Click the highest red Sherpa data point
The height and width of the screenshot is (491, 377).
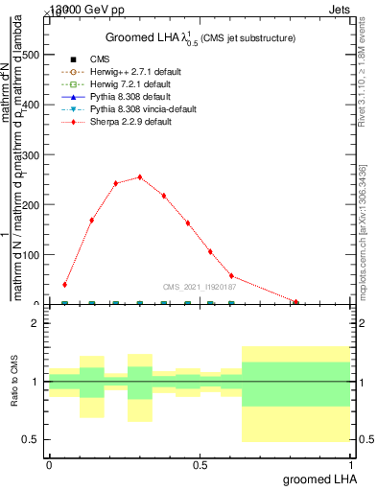click(x=139, y=177)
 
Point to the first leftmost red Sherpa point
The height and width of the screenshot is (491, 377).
click(x=65, y=285)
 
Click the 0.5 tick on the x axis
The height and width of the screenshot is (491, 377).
click(x=200, y=465)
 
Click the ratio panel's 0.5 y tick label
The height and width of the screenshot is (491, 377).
click(x=32, y=439)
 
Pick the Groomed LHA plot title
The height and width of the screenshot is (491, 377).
click(x=200, y=37)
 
